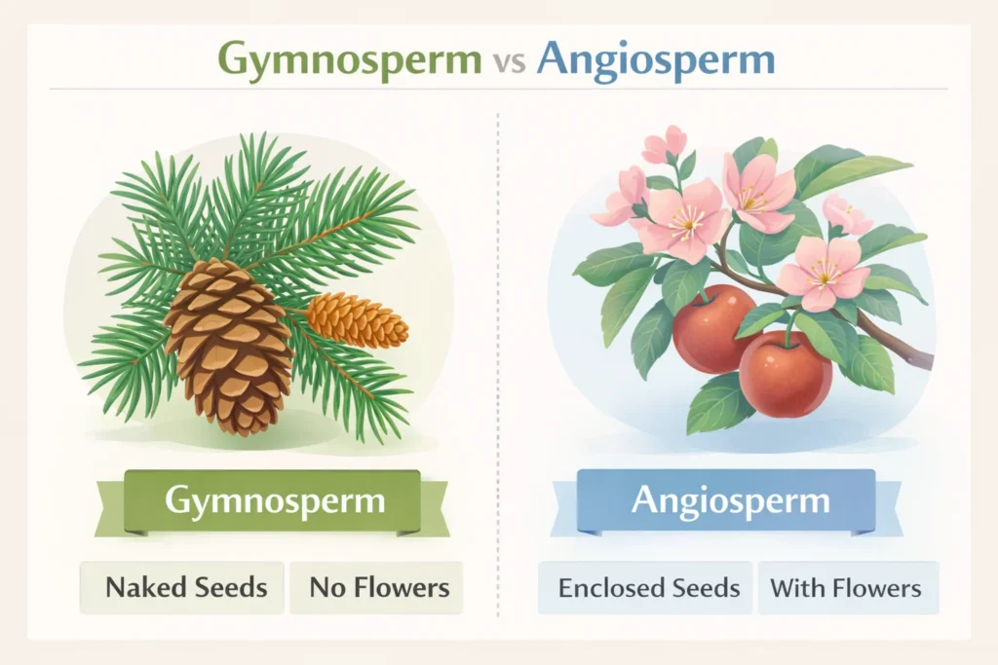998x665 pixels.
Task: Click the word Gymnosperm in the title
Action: click(x=349, y=58)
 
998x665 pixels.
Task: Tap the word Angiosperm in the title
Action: click(x=655, y=58)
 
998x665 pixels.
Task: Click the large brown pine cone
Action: click(x=230, y=346)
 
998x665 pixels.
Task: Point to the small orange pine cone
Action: click(x=357, y=319)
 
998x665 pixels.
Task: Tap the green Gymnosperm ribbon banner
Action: click(x=274, y=502)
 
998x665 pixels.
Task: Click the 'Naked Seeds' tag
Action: click(x=185, y=587)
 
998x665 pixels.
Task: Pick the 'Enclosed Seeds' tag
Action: click(x=648, y=588)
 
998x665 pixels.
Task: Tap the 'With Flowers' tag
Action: click(x=845, y=588)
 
